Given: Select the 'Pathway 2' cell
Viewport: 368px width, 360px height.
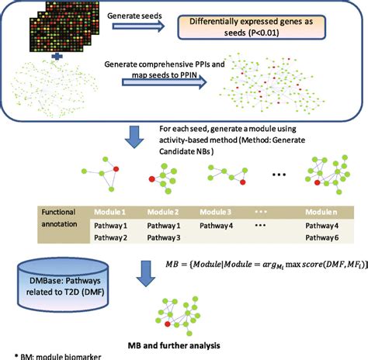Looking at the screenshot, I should (x=110, y=237).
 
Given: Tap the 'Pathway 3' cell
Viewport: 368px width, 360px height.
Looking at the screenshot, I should (x=164, y=237).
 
